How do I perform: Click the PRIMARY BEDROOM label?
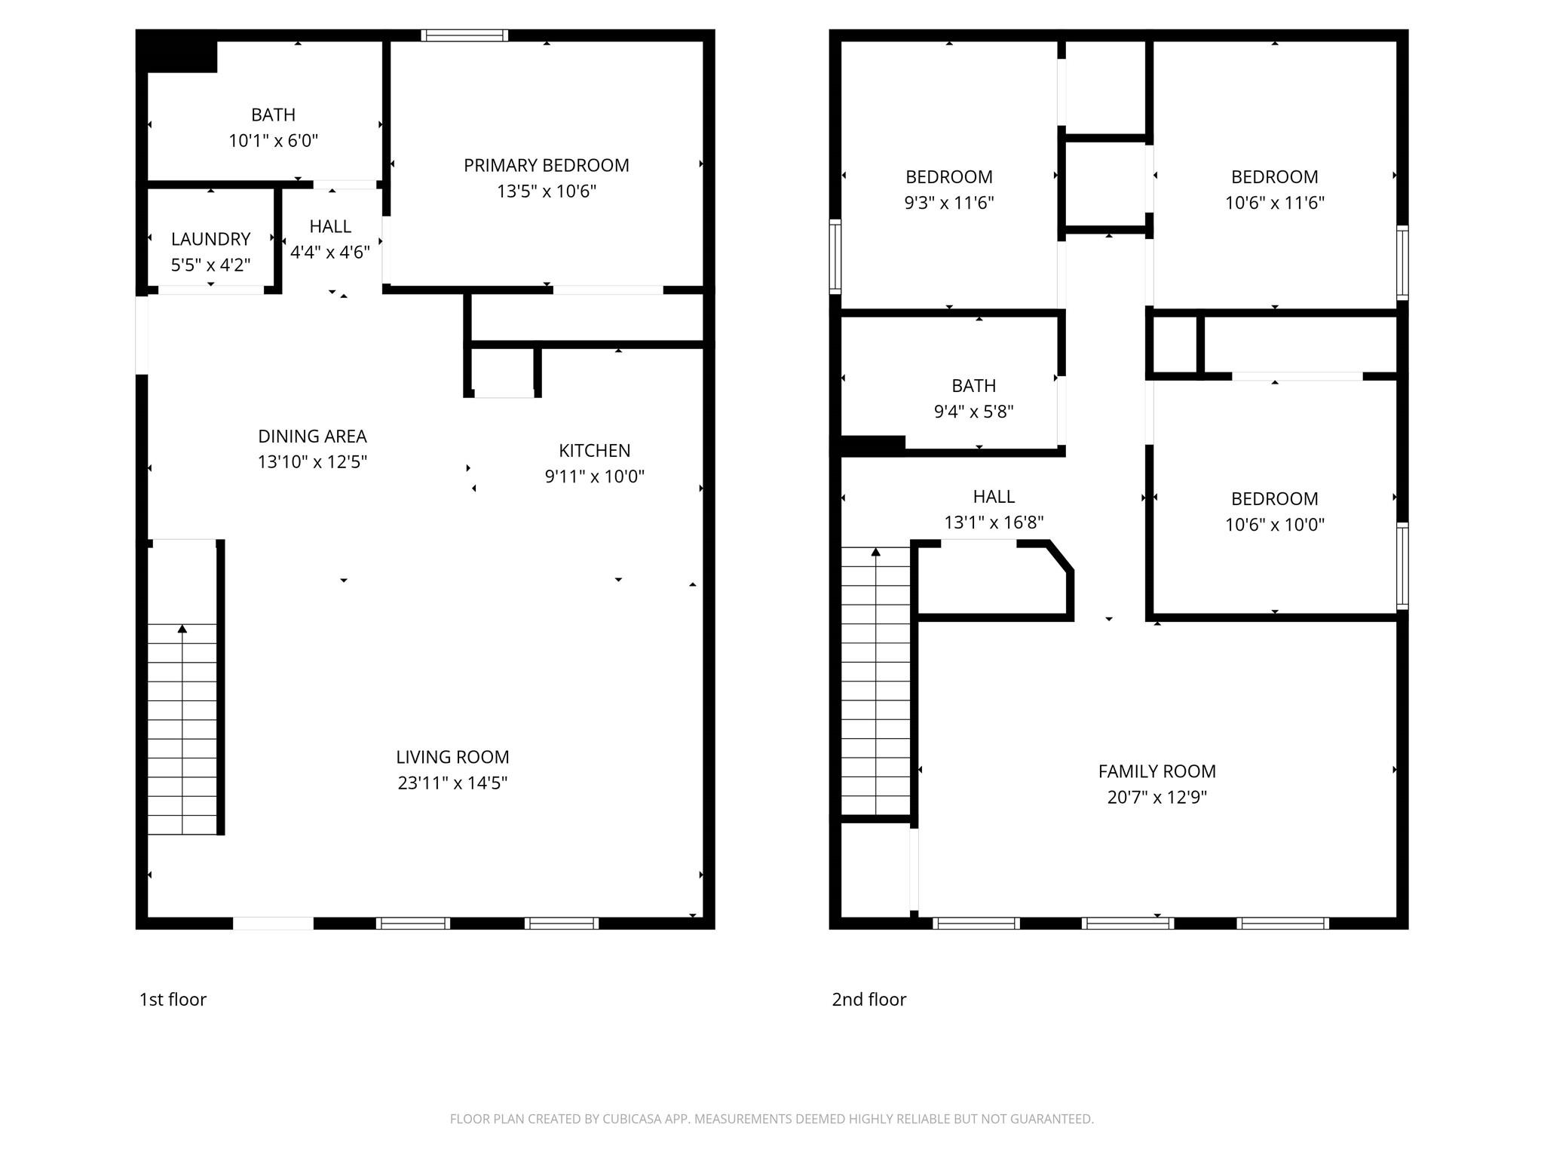pos(546,165)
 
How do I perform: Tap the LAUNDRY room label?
pos(210,239)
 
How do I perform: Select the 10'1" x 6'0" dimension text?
pos(273,140)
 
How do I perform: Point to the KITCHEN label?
pos(594,450)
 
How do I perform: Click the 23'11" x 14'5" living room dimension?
pos(452,783)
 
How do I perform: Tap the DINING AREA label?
pos(312,436)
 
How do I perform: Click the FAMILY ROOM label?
pos(1156,771)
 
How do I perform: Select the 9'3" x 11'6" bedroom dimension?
pos(948,202)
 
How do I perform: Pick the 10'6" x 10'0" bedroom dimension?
pos(1274,524)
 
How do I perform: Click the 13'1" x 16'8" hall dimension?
pos(993,522)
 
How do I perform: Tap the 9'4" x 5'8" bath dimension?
pos(973,411)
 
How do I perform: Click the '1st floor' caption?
pos(173,999)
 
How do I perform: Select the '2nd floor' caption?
pos(868,999)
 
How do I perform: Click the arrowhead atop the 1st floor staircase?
pos(182,629)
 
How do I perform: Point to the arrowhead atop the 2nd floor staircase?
pos(875,552)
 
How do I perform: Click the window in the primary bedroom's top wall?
pos(464,35)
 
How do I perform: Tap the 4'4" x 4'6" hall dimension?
pos(329,252)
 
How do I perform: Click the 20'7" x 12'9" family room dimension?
pos(1156,797)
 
